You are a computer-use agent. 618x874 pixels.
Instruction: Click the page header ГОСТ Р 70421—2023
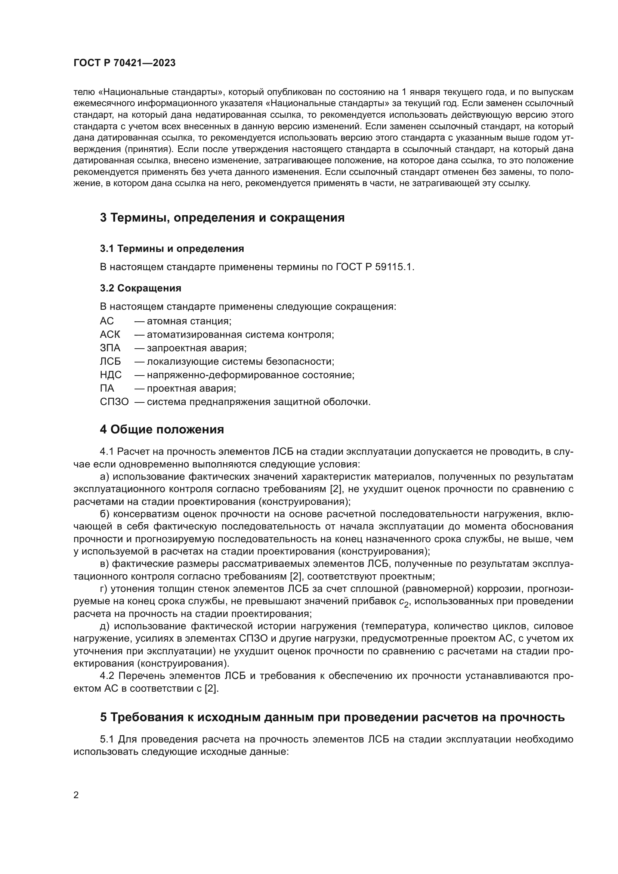(x=124, y=63)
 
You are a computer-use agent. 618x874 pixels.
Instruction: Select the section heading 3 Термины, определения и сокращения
(x=222, y=218)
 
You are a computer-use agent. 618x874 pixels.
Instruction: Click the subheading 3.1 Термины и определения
(x=172, y=248)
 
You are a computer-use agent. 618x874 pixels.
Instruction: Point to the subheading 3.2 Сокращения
(x=140, y=288)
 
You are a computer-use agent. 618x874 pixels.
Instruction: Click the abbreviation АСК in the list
(x=109, y=334)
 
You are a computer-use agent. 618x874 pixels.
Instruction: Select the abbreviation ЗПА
(x=109, y=348)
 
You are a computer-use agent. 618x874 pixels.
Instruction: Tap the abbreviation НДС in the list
(x=110, y=375)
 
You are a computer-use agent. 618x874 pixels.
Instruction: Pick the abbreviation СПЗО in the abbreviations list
(x=114, y=402)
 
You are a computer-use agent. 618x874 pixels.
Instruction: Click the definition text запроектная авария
(x=197, y=348)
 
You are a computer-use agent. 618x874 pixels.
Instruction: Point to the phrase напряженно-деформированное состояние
(x=250, y=375)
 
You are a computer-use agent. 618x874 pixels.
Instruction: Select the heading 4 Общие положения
(x=162, y=429)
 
